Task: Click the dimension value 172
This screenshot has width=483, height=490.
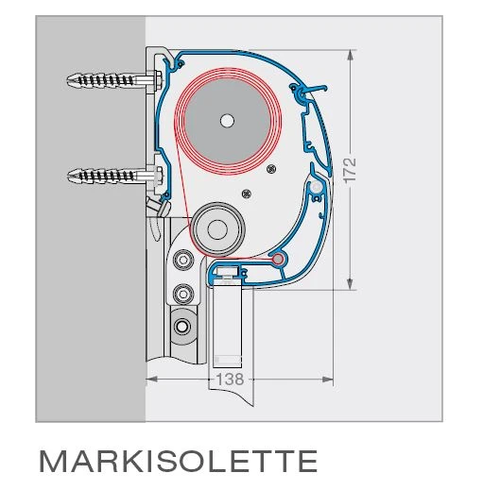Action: pyautogui.click(x=350, y=170)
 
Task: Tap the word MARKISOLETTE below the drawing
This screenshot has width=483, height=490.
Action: pyautogui.click(x=178, y=461)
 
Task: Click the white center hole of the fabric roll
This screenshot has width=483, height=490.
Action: pyautogui.click(x=226, y=120)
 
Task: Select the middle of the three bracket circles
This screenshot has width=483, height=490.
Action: pyautogui.click(x=182, y=290)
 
